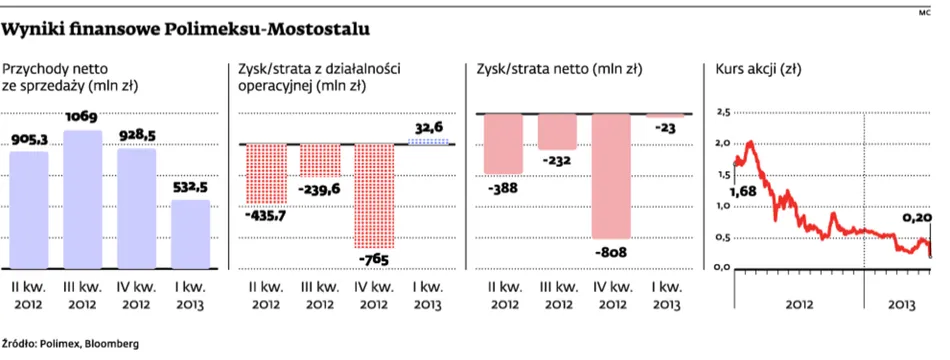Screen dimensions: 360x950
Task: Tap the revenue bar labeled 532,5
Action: pos(191,235)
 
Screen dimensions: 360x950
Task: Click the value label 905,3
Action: pos(30,141)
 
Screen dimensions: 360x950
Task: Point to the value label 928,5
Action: pos(137,138)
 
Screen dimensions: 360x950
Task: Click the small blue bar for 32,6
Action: pos(430,141)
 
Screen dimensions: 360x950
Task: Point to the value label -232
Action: pos(557,159)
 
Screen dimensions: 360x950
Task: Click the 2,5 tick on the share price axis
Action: pos(722,112)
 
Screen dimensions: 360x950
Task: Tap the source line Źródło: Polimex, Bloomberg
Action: pos(71,343)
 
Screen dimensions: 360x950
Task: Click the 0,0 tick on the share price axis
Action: pos(722,266)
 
